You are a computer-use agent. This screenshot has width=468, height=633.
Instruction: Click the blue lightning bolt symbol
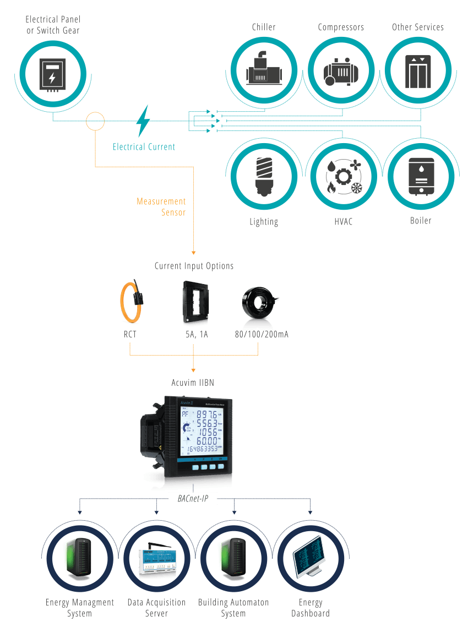tap(143, 121)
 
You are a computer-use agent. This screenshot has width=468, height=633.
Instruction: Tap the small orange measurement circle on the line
tap(95, 121)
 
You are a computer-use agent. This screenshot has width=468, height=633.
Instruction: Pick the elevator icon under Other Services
tap(418, 71)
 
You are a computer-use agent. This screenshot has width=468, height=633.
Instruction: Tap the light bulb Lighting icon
tap(264, 176)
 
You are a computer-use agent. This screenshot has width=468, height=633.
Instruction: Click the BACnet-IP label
tap(192, 499)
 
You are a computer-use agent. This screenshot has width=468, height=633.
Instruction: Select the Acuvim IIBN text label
tap(192, 383)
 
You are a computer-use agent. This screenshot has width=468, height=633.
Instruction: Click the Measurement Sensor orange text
tap(161, 206)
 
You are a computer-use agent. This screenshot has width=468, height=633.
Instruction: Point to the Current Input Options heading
tap(194, 266)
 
